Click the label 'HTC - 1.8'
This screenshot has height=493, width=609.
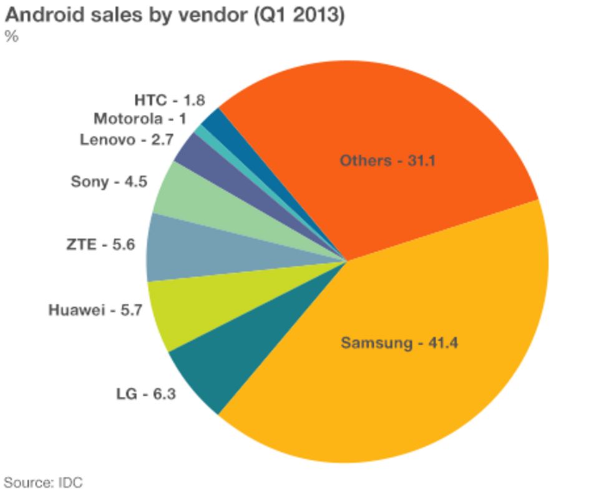point(169,100)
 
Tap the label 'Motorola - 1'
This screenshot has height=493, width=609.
point(140,119)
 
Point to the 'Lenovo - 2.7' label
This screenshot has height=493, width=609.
point(126,139)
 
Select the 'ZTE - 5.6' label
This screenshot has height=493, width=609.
point(100,245)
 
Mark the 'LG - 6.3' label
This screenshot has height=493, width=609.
point(145,394)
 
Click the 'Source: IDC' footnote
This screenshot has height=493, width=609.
point(43,482)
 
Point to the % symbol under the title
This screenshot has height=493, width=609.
point(11,36)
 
